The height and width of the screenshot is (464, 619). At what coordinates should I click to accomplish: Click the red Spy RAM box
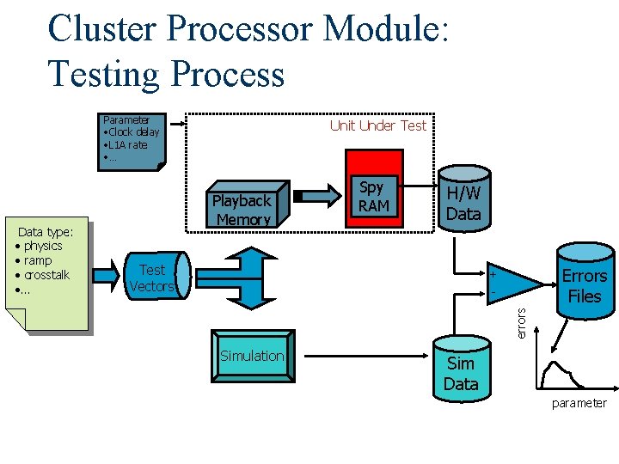point(373,189)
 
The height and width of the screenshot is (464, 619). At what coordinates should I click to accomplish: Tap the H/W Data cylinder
point(463,198)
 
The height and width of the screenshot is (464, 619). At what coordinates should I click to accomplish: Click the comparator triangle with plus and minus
point(511,282)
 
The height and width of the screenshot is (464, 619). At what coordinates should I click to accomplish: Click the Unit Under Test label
point(377,125)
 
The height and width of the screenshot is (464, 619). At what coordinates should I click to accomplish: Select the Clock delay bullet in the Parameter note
point(131,132)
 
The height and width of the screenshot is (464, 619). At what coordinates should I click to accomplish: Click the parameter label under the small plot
point(579,403)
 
